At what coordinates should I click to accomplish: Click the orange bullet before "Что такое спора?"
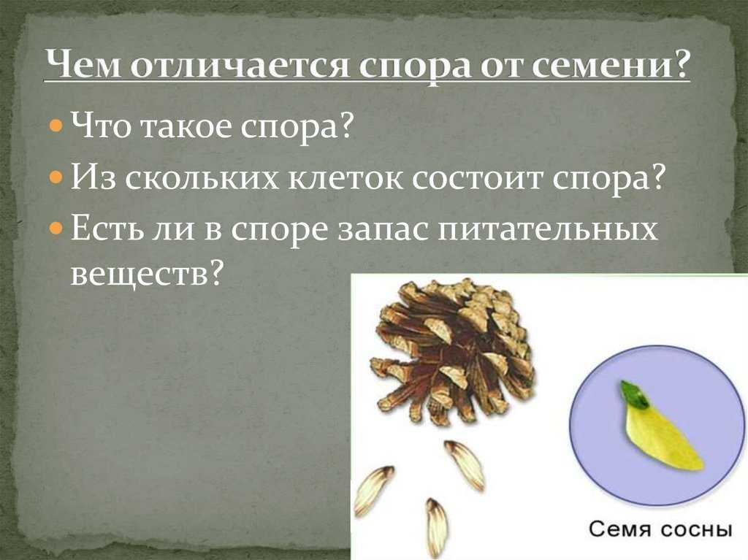point(56,127)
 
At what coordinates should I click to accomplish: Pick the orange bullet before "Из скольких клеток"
point(56,178)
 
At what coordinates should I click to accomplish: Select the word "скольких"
point(204,178)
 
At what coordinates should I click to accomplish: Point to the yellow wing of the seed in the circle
point(663,438)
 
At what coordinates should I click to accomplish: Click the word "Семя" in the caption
point(620,529)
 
